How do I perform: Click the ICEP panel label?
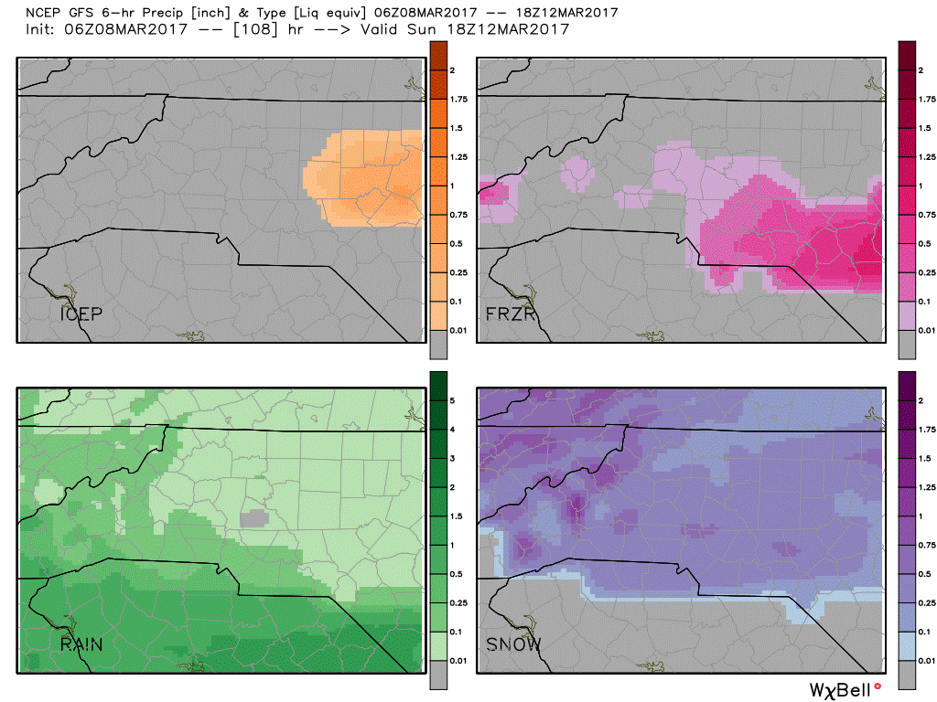click(x=81, y=314)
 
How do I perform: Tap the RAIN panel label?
click(x=81, y=644)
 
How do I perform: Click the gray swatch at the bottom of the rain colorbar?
click(x=437, y=675)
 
